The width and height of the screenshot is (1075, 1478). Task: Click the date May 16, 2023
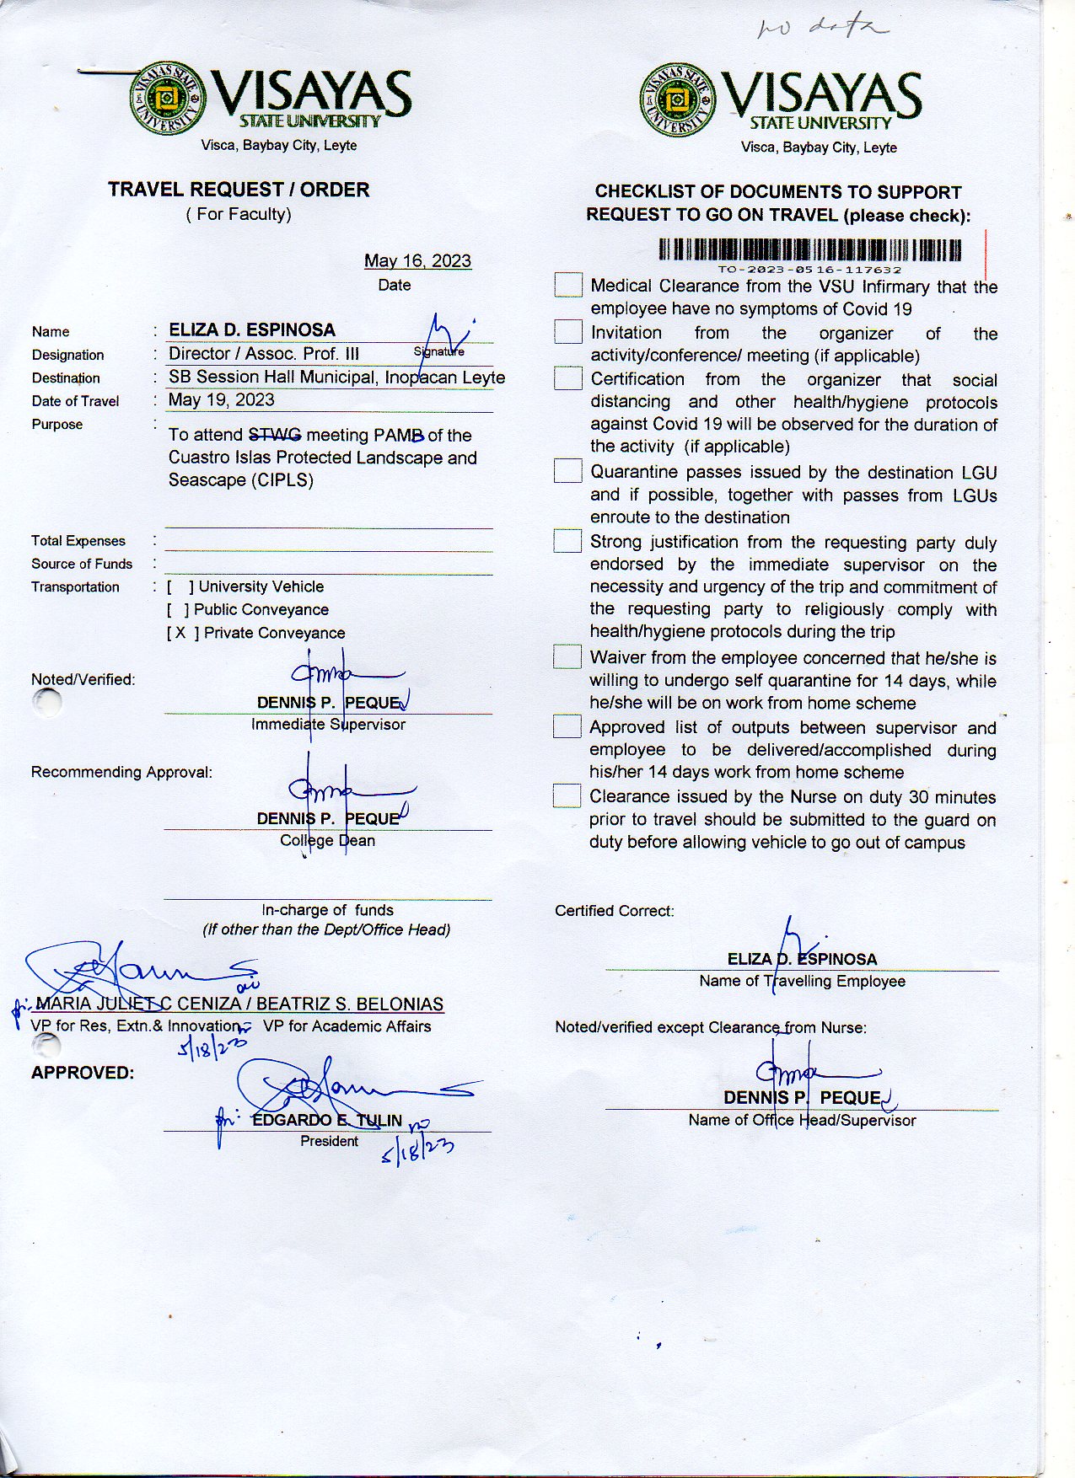pos(417,261)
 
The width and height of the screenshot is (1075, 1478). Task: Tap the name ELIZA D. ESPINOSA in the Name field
pos(252,330)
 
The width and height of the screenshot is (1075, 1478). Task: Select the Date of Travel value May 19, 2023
pos(222,400)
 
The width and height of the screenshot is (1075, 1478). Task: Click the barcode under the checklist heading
pos(809,250)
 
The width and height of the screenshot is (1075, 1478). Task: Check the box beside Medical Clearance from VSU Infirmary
pos(568,285)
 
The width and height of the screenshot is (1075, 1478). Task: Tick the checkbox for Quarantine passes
pos(567,471)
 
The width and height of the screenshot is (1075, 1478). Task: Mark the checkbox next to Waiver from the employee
pos(567,656)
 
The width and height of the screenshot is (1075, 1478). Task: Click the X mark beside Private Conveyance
pos(180,633)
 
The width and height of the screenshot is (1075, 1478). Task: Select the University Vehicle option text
pos(261,586)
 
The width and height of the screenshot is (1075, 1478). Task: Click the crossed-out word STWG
pos(275,435)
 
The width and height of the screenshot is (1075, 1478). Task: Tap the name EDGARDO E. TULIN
pos(327,1120)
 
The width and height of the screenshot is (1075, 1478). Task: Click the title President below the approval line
pos(329,1141)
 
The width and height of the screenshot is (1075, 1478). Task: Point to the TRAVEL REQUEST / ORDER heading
pos(239,190)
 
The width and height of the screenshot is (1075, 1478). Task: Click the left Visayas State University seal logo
pos(167,99)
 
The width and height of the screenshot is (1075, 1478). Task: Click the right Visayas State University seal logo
pos(678,101)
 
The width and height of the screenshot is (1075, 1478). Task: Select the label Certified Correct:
pos(615,911)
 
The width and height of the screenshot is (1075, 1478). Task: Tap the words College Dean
pos(327,840)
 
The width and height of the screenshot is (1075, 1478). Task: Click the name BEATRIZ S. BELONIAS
pos(350,1004)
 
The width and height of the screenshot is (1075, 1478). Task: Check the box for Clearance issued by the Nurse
pos(567,795)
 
